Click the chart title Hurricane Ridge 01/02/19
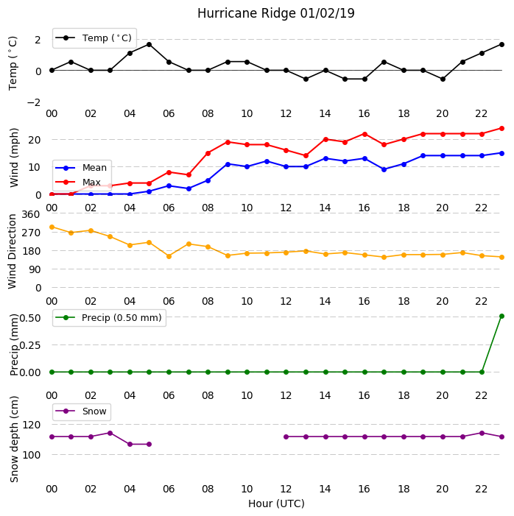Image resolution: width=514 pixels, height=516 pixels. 276,13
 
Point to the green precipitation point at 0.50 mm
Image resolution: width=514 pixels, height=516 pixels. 501,317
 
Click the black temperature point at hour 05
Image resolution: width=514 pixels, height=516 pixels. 149,44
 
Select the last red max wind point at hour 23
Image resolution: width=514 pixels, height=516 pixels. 501,128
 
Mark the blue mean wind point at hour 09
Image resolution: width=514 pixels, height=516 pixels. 228,164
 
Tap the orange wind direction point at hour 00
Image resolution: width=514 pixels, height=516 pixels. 52,227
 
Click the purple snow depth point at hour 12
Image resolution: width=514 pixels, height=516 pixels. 286,437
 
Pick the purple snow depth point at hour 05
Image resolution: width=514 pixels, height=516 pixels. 149,445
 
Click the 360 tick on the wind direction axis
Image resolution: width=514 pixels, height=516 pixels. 31,214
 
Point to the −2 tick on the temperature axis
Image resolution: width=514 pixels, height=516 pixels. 34,102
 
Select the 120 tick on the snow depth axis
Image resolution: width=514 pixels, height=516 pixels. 31,425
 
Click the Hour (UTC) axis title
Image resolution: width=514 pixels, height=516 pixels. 276,503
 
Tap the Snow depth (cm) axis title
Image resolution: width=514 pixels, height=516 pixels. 14,439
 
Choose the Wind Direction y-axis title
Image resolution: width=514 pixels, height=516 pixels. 12,252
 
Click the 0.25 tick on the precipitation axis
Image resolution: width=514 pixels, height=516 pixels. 30,345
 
